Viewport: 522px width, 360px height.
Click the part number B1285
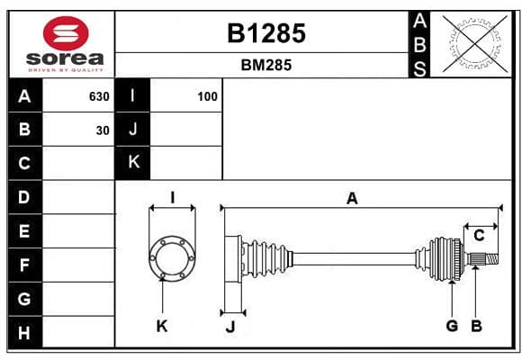click(266, 33)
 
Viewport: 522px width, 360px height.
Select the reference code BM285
click(266, 65)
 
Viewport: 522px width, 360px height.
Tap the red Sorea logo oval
click(66, 33)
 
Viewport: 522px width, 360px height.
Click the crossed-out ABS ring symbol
click(475, 44)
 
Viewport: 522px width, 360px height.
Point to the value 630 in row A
click(99, 96)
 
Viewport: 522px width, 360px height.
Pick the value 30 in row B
click(103, 130)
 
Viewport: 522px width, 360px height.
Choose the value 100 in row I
click(207, 96)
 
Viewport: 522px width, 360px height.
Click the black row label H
click(25, 332)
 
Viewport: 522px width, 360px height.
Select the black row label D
click(25, 197)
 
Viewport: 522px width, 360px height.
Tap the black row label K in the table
click(133, 163)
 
